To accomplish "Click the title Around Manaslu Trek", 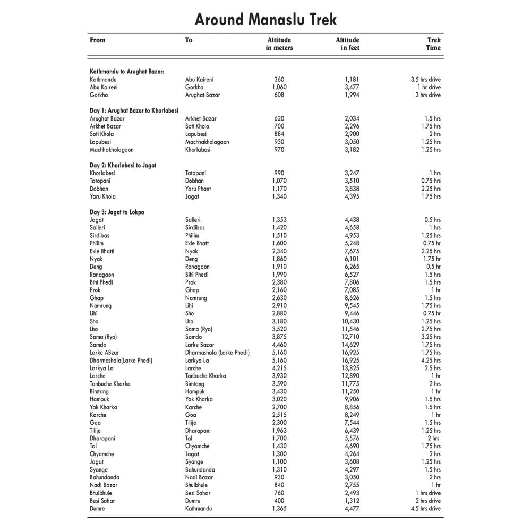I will pos(265,20).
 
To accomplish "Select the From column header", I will pos(98,40).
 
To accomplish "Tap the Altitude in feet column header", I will pos(347,44).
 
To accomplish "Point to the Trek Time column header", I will pos(433,44).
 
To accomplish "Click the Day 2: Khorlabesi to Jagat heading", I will pos(123,165).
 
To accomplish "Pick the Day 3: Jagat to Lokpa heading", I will pos(117,212).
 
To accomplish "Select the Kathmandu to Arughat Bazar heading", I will pos(127,71).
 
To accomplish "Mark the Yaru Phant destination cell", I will pos(198,189).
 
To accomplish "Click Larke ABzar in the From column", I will pos(105,353).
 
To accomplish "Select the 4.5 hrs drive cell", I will pos(426,508).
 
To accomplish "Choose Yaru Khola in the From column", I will pos(102,196).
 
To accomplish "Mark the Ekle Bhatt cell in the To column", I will pos(197,243).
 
